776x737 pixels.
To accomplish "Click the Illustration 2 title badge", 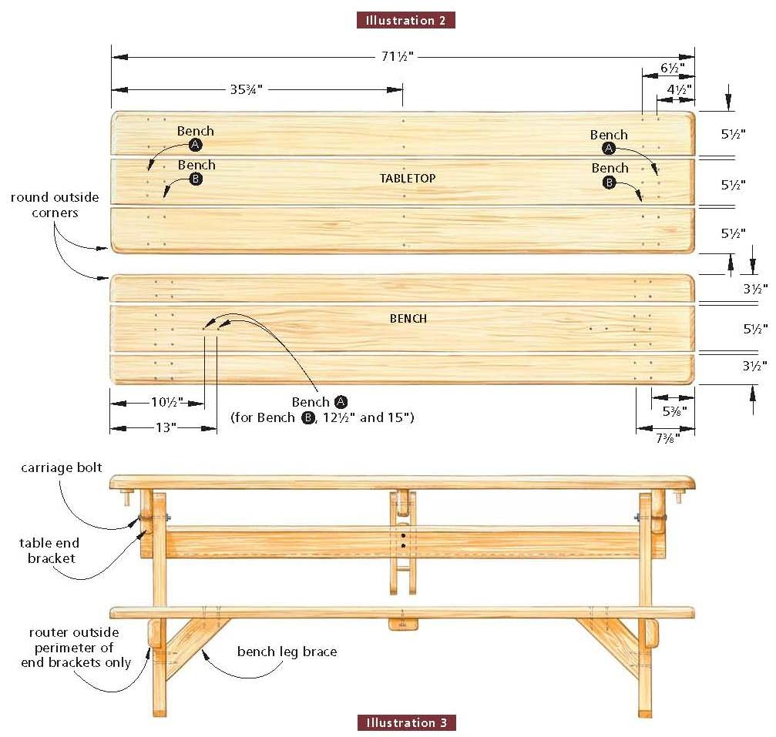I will (405, 21).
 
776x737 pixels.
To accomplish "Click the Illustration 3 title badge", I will (406, 722).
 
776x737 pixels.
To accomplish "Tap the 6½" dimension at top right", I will (669, 68).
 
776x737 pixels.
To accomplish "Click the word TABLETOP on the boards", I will (408, 179).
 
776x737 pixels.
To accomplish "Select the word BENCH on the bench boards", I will (408, 318).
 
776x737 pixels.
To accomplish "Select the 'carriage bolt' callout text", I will (62, 467).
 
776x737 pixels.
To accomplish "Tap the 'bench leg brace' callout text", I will (287, 652).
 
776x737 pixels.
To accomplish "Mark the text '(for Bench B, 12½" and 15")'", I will (323, 417).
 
